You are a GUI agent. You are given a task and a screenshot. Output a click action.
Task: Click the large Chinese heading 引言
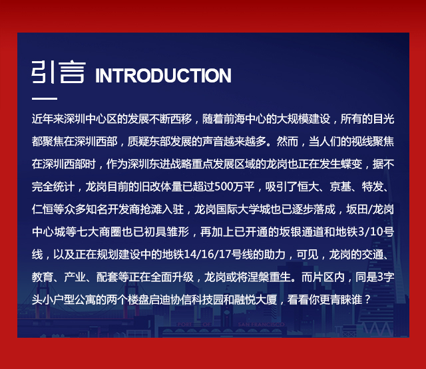[59, 72]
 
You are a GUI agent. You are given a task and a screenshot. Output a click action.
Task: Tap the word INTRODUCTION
[163, 75]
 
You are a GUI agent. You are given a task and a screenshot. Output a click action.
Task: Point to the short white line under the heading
[45, 98]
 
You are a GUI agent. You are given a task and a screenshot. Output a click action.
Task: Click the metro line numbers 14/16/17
[207, 255]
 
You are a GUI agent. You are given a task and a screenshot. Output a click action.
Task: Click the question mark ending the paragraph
[367, 300]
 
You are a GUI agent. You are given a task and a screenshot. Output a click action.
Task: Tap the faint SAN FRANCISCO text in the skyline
[261, 324]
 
